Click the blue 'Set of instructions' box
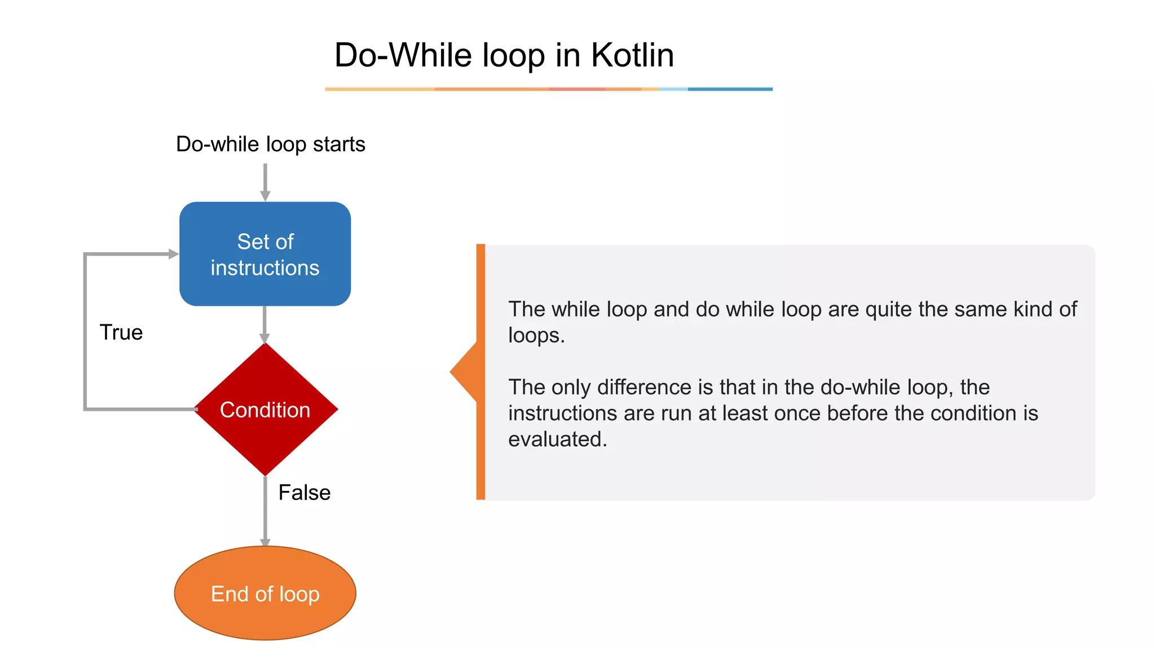click(265, 254)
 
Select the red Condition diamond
click(265, 410)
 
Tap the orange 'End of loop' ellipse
click(265, 593)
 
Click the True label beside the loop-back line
click(121, 332)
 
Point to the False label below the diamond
click(305, 493)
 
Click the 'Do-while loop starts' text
click(271, 144)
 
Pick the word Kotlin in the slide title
click(632, 55)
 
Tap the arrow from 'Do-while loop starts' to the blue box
click(265, 182)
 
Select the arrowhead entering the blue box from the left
click(174, 254)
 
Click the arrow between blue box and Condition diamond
click(265, 325)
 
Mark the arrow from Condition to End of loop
click(265, 511)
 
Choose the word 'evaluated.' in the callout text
click(557, 439)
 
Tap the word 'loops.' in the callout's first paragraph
click(536, 335)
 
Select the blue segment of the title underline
click(730, 89)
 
